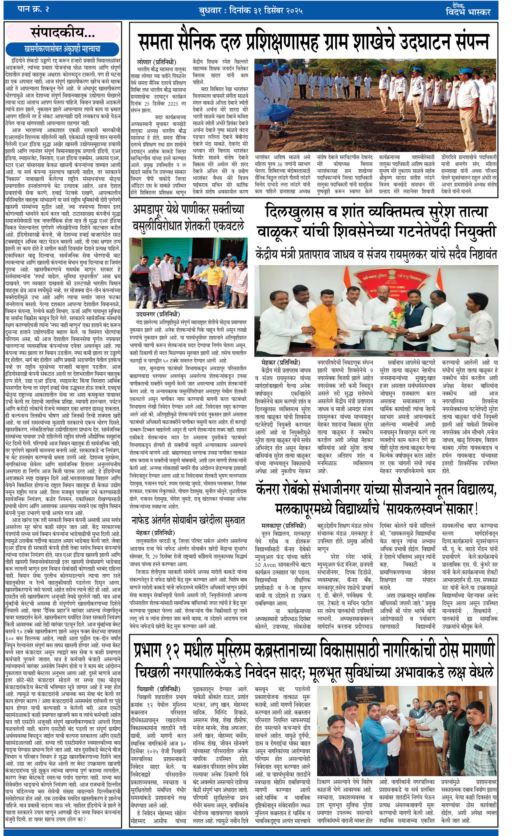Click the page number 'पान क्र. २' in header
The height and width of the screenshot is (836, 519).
33,9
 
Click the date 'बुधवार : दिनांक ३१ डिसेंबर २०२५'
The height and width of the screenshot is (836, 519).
250,11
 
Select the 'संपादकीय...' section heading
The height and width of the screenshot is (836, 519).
63,33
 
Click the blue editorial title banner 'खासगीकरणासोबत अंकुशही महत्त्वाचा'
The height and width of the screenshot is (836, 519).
62,49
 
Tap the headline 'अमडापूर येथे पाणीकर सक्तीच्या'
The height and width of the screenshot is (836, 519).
188,209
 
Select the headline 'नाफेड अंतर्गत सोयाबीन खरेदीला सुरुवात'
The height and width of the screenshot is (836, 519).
188,521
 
